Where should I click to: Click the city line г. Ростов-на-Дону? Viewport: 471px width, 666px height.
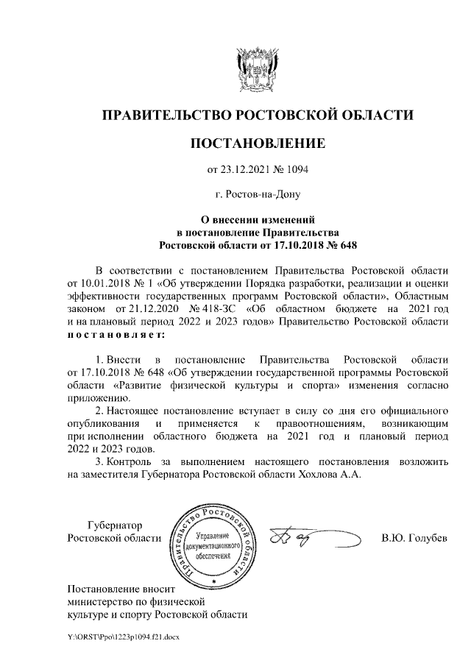[x=257, y=195]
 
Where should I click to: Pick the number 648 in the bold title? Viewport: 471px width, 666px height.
[x=353, y=243]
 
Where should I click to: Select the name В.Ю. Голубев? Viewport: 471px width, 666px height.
[x=414, y=538]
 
